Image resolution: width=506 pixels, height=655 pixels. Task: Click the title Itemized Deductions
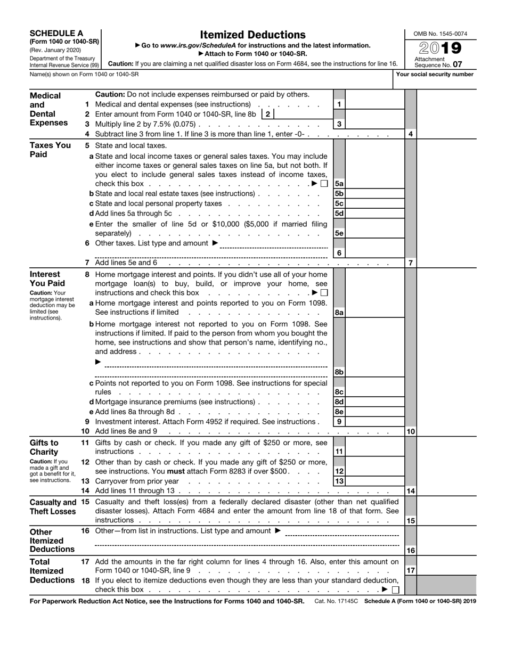point(252,35)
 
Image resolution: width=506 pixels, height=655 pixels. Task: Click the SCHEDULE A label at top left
point(56,33)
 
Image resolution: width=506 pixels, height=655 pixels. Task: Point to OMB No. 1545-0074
point(440,34)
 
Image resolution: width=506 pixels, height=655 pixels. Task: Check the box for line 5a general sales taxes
point(324,184)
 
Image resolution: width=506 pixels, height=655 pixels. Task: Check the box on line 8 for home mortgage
point(324,293)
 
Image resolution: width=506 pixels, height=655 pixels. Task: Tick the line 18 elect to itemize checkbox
point(395,589)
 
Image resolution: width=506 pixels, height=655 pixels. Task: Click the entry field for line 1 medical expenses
point(374,104)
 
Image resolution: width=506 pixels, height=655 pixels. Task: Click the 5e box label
point(339,233)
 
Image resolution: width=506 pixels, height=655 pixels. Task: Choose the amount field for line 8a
point(374,313)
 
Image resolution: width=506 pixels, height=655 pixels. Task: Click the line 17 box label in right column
point(411,570)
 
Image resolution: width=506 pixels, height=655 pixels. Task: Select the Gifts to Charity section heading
point(45,447)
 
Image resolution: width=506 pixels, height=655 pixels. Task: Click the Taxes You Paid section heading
point(50,150)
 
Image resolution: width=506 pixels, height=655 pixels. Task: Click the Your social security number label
point(435,75)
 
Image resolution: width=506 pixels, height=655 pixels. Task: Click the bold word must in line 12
point(176,471)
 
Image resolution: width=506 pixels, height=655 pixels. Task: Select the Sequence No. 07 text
point(436,64)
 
